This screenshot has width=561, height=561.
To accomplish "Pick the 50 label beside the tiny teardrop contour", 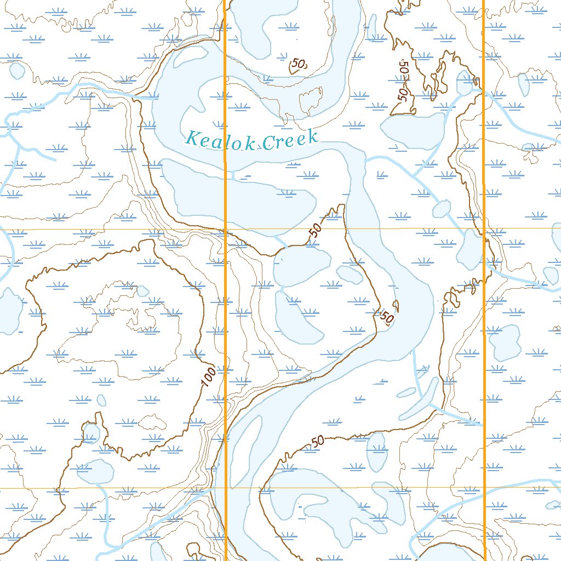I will click(x=386, y=317).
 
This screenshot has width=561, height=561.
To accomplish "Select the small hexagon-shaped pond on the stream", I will click(x=441, y=209).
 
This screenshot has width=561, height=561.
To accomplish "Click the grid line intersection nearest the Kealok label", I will click(x=225, y=228).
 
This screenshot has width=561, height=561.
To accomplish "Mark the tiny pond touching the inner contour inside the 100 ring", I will click(x=142, y=290).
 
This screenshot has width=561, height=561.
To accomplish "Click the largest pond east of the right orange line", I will click(x=504, y=342).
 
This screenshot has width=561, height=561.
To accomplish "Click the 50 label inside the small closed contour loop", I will click(x=297, y=65).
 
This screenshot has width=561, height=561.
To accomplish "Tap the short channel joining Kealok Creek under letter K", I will click(x=234, y=175).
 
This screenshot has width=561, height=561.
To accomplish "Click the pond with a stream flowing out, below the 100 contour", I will click(x=95, y=471).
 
